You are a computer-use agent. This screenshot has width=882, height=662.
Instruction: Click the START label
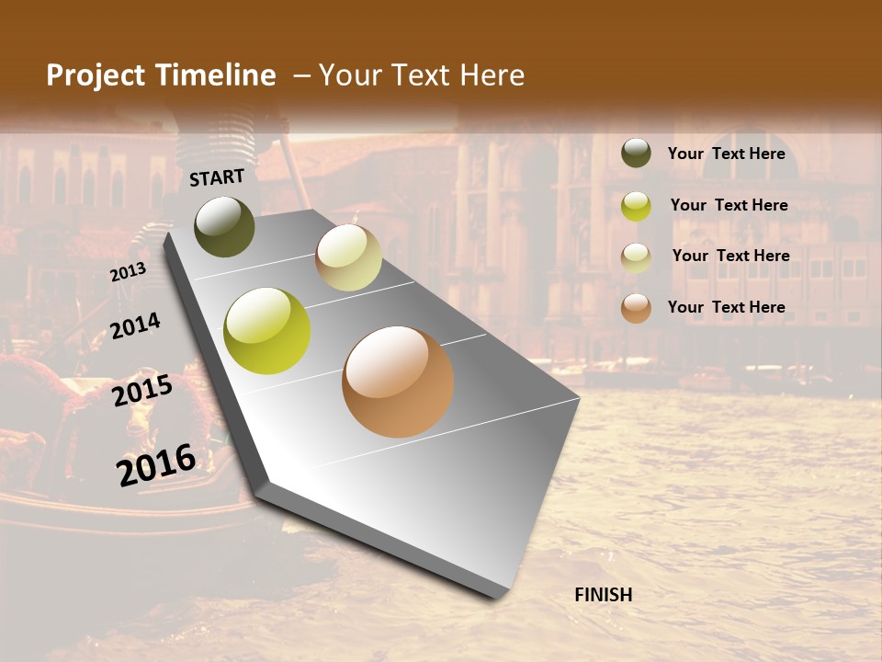pos(217,177)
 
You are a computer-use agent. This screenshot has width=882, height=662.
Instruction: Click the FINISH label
pos(603,595)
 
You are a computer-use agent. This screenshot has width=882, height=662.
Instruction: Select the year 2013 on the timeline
pos(128,272)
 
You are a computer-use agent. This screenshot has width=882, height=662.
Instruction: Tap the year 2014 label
pos(135,325)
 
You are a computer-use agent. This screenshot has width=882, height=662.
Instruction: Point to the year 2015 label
pos(142,391)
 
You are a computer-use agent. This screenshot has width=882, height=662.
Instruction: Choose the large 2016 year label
pos(156,464)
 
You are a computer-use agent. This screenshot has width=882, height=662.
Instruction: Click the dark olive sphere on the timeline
pos(225,226)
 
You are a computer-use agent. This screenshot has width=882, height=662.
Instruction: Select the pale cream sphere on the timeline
pos(348,257)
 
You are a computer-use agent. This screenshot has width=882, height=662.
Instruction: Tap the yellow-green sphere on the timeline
pos(267,331)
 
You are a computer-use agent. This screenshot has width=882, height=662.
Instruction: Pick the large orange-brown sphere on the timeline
pos(398,382)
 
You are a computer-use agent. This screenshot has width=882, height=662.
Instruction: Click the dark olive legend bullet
pos(636,154)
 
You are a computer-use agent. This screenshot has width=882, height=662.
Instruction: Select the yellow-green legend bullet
pos(636,206)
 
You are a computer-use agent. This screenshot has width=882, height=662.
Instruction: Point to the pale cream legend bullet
pos(636,257)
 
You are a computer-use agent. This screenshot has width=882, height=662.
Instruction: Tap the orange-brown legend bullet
pos(636,308)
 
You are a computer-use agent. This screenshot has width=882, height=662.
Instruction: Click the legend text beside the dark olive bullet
pos(726,154)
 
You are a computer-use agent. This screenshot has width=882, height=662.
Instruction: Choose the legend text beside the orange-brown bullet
pos(726,307)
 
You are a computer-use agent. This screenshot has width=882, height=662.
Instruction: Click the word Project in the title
pos(96,75)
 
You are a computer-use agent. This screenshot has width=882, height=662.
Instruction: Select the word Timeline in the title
pos(215,75)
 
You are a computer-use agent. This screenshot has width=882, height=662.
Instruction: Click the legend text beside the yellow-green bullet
pos(729,205)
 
